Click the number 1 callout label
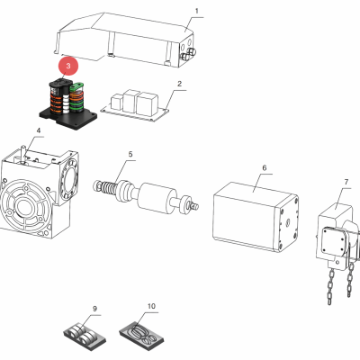[196, 12]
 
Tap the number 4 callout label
[38, 131]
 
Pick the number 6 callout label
[264, 167]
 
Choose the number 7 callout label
[346, 183]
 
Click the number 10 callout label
[150, 306]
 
